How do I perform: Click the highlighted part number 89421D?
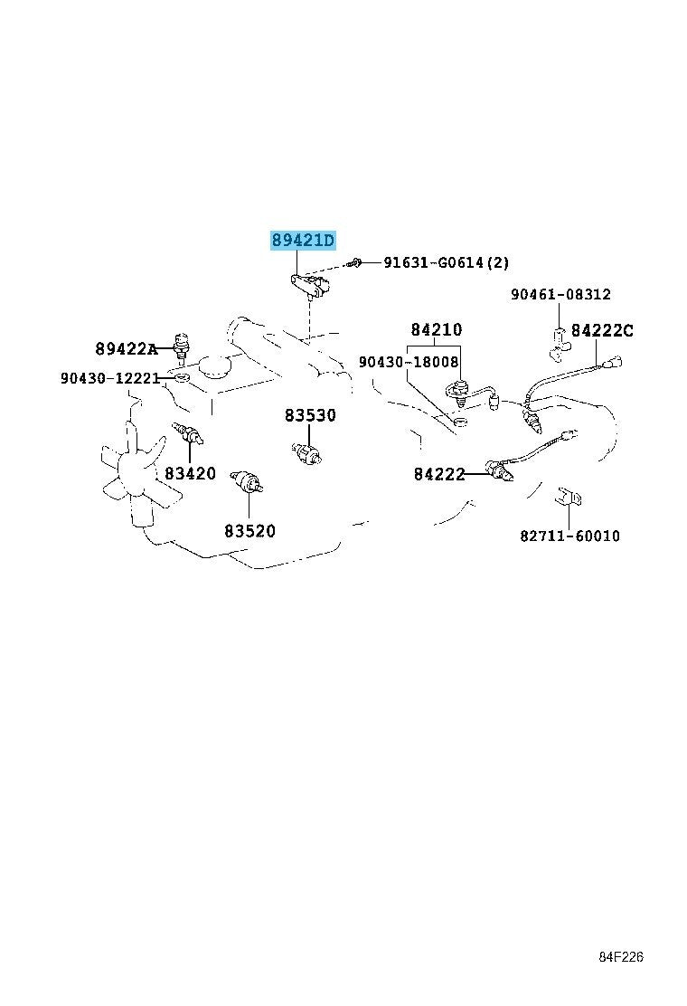303,241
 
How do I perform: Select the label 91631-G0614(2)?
446,261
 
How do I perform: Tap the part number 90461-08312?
560,295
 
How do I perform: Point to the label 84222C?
602,330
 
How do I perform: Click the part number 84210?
437,329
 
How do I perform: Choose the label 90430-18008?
409,362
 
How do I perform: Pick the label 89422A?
127,348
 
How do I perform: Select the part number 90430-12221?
110,378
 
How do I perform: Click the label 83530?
310,415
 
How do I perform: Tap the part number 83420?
191,473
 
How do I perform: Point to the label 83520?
249,530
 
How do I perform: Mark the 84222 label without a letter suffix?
439,474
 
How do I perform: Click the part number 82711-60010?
569,535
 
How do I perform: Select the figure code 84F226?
621,957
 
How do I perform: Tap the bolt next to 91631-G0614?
355,261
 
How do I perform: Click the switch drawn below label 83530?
306,452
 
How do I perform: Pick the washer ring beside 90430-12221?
182,376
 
